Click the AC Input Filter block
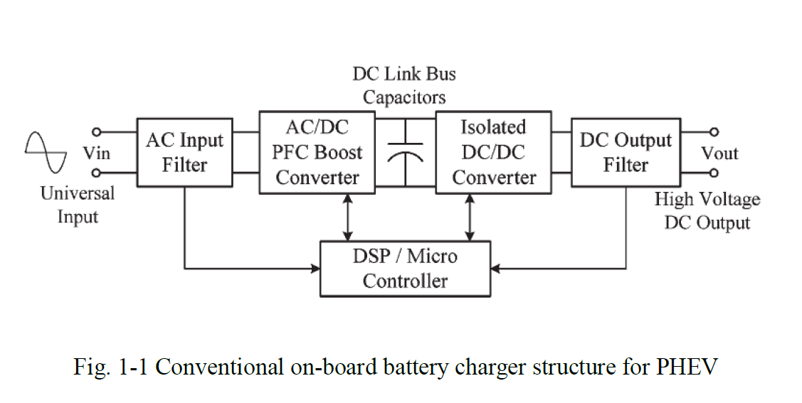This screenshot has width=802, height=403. [x=184, y=152]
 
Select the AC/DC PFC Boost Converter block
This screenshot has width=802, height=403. [x=317, y=152]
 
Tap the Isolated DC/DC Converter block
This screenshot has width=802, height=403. [x=493, y=152]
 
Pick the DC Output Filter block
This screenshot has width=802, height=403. [x=626, y=152]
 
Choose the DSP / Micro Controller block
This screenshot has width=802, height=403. [x=405, y=268]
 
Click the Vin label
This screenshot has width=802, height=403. [x=97, y=153]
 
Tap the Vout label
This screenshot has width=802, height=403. [x=719, y=153]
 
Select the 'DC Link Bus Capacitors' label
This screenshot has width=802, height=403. [x=404, y=85]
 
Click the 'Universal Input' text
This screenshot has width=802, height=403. [x=77, y=205]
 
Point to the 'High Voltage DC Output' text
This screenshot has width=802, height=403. [x=707, y=211]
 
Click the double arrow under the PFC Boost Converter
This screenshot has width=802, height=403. [x=347, y=217]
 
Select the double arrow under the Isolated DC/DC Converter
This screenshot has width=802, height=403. [x=469, y=217]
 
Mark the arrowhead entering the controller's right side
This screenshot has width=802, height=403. [x=496, y=269]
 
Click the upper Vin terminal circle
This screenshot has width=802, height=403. [x=97, y=132]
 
